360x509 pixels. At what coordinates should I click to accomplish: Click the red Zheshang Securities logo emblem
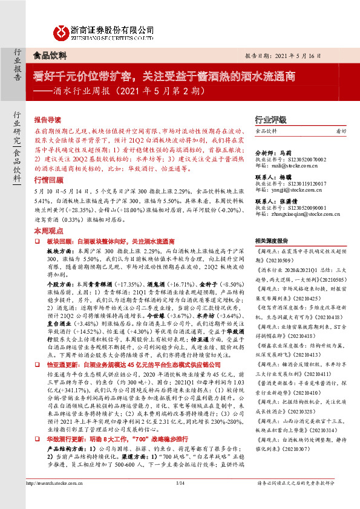coord(60,32)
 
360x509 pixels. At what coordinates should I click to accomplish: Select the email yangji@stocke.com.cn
coord(289,188)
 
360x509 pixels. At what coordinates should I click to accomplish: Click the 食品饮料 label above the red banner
coord(49,55)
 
